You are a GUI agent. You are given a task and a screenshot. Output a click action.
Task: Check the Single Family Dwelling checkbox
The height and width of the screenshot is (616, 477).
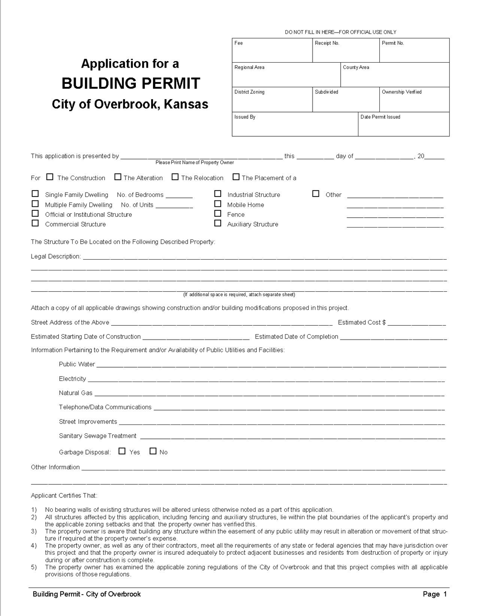35,194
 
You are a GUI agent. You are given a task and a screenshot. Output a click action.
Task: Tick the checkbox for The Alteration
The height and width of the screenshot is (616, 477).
118,177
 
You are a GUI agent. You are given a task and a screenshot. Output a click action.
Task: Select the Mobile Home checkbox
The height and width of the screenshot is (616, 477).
218,204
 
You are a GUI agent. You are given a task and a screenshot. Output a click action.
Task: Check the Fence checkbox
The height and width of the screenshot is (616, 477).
218,214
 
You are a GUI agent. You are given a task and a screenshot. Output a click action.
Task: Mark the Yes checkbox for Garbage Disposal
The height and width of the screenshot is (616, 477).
122,451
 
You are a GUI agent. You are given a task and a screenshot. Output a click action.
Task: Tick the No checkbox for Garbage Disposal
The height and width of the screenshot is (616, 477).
153,451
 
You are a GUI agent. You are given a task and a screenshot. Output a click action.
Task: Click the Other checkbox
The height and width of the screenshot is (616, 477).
316,194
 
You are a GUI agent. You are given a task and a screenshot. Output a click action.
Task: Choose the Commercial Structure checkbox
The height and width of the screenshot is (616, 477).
35,223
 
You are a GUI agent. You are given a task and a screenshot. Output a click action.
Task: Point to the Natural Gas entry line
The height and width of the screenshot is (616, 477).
269,393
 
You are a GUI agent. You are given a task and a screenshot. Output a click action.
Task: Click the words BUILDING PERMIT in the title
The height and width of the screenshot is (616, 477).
131,83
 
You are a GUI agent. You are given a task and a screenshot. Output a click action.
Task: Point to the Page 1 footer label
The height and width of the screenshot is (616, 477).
435,594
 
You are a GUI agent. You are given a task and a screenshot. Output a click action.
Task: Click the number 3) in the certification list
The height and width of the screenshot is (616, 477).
34,532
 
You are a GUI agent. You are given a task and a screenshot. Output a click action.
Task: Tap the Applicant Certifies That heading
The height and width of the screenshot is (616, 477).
64,496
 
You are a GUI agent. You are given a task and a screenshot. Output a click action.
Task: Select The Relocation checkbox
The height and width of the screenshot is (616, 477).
175,177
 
